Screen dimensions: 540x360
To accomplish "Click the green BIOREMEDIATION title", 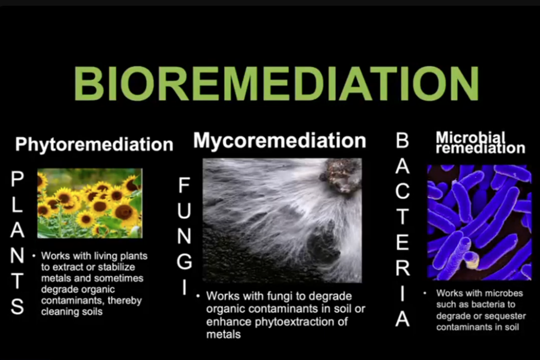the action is click(276, 83).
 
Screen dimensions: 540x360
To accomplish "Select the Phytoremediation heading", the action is click(94, 144).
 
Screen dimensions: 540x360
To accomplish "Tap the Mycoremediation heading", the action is click(279, 141).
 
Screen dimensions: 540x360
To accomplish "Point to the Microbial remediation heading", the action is click(480, 142).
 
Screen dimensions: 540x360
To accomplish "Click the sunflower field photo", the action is click(89, 203).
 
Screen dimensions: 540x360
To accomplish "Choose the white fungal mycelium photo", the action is click(282, 221).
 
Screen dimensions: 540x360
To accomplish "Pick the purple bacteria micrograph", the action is click(479, 222).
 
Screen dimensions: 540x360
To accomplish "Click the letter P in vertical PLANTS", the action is click(17, 179).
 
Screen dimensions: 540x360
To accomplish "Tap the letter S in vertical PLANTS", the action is click(17, 306).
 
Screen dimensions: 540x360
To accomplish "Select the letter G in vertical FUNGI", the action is click(184, 262).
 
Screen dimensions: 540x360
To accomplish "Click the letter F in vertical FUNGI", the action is click(184, 185).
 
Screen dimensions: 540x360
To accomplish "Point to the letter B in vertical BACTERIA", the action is click(402, 140).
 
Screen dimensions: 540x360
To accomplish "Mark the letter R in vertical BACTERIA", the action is click(403, 268).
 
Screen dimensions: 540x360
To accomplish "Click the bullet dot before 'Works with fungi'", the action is click(198, 296).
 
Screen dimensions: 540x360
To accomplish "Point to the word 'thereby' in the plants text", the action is click(125, 301).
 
